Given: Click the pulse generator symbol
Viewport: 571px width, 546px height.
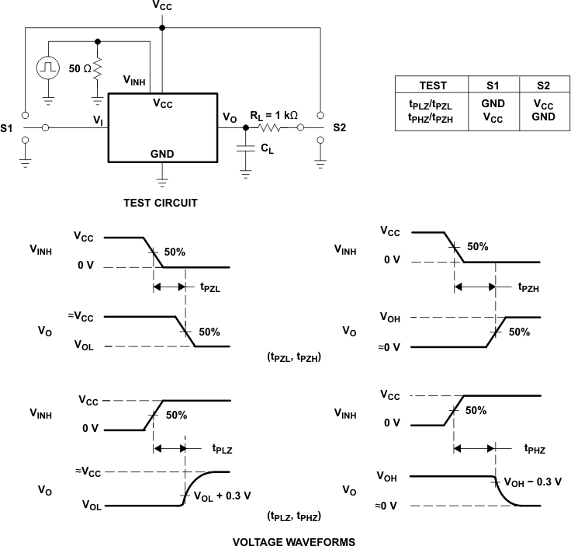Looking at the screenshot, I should click(x=48, y=68).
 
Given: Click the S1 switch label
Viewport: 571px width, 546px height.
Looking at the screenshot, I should click(x=8, y=127).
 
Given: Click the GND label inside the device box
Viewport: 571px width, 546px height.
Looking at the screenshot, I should click(x=162, y=154).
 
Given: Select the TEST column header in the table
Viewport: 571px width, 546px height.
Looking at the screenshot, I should click(x=432, y=85).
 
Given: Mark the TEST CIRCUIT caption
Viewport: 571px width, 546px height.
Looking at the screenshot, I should click(x=161, y=203).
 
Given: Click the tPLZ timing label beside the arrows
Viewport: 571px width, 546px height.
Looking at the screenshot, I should click(x=223, y=448).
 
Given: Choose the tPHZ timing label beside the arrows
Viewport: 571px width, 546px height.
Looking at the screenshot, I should click(x=535, y=448).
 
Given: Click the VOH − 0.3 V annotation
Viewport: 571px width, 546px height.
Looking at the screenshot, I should click(x=532, y=482).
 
